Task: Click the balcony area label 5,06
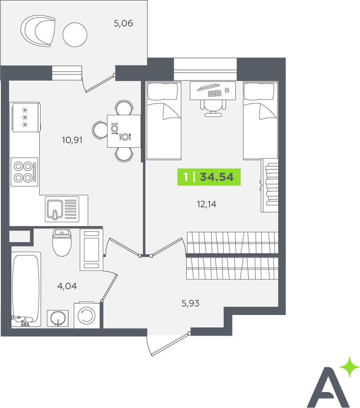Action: (x=123, y=23)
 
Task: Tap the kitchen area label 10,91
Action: (x=72, y=140)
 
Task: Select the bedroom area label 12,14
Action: (x=207, y=204)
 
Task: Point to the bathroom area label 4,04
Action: (x=67, y=286)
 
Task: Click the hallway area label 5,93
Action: (x=190, y=303)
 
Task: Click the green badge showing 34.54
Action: (x=209, y=177)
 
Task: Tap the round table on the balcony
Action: (x=75, y=35)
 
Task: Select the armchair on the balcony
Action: (x=38, y=31)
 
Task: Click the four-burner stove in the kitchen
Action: (x=25, y=172)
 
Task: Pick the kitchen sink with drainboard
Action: (x=62, y=209)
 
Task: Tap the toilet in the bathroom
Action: (x=62, y=243)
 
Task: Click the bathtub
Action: (x=26, y=290)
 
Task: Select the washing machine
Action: (x=87, y=315)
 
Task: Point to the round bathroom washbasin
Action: (x=58, y=318)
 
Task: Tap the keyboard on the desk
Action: (x=215, y=93)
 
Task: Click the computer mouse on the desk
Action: (x=226, y=90)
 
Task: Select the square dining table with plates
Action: (x=124, y=131)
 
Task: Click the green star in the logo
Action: (x=350, y=367)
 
